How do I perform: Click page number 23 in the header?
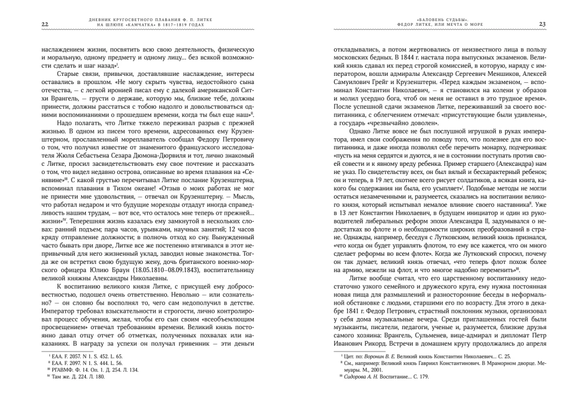tap(542, 24)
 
